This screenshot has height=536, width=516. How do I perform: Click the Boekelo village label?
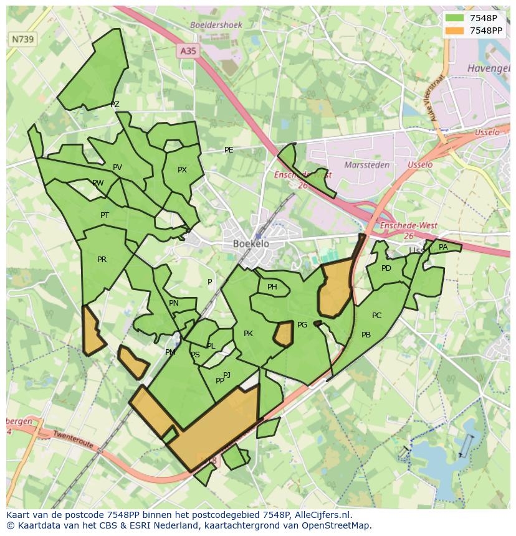tap(251, 243)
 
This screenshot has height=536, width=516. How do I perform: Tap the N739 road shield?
tap(23, 39)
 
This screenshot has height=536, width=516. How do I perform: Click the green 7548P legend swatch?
tap(455, 18)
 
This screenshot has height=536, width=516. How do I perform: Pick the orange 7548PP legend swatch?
tap(455, 31)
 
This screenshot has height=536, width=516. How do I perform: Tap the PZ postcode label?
tap(115, 105)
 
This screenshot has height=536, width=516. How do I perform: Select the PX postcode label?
tap(182, 170)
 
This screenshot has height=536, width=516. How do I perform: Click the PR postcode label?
tap(102, 260)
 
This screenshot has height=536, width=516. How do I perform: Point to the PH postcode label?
tap(272, 287)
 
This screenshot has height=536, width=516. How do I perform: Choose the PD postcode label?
tap(386, 268)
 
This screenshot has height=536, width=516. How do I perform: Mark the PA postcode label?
tap(443, 247)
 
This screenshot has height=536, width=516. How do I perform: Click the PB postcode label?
tap(366, 335)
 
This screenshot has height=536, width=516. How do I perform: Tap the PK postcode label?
tap(248, 334)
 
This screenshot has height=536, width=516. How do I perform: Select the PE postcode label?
tap(229, 150)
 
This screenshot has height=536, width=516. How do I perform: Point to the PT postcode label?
tap(105, 215)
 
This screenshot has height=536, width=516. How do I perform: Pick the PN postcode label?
tap(174, 303)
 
